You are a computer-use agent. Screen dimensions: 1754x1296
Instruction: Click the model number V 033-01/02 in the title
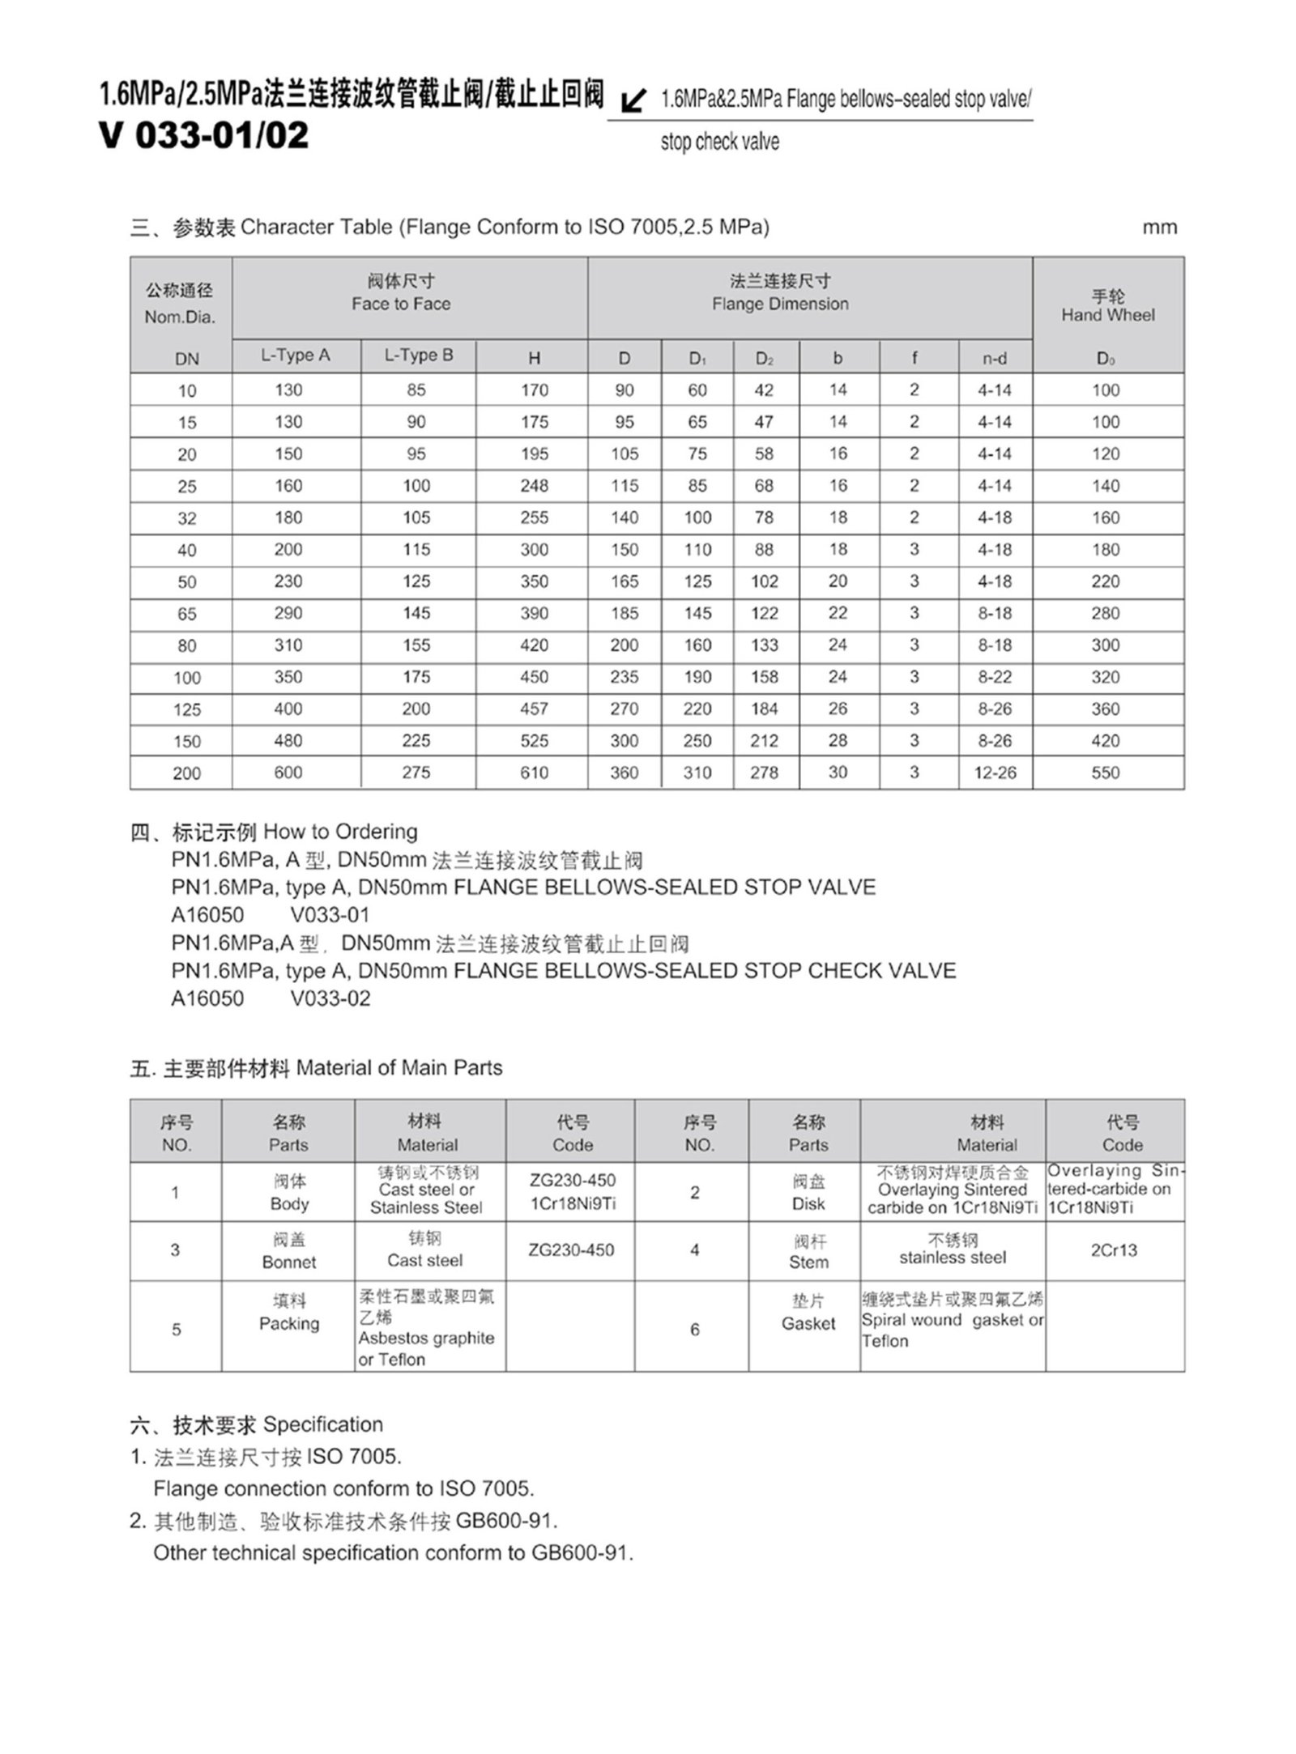click(x=203, y=135)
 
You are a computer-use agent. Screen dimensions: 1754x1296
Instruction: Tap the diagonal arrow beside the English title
click(x=633, y=101)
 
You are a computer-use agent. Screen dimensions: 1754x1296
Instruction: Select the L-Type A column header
click(x=295, y=355)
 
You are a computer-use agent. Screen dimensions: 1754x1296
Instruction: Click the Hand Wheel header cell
click(x=1107, y=314)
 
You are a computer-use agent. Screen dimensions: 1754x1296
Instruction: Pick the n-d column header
click(x=994, y=358)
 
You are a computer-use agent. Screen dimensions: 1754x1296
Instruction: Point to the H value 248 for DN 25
click(x=534, y=486)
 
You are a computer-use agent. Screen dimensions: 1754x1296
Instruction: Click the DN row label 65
click(x=186, y=614)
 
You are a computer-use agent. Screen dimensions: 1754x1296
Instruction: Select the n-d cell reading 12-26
click(x=995, y=773)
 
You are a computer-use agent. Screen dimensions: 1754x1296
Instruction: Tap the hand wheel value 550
click(x=1106, y=773)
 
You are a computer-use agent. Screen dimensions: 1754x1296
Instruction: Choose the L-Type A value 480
click(x=288, y=741)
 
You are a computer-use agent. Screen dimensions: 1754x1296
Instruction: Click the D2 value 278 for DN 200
click(x=764, y=773)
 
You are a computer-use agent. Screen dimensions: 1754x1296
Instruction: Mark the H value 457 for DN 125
click(x=534, y=709)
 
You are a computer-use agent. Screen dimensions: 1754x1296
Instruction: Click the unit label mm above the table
click(x=1159, y=228)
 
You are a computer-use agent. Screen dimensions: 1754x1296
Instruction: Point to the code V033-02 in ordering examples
click(x=330, y=998)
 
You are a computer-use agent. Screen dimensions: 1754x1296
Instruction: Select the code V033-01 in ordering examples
click(x=330, y=915)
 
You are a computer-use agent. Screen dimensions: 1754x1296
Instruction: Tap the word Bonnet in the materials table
click(x=289, y=1262)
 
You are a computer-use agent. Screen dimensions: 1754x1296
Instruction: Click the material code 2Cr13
click(x=1114, y=1250)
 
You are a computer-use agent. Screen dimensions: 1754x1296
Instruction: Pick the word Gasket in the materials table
click(x=808, y=1323)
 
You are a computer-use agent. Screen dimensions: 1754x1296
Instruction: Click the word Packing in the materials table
click(x=289, y=1323)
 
